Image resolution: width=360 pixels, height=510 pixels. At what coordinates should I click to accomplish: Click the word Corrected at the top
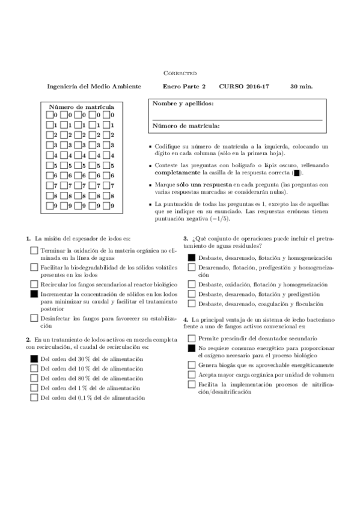click(180, 72)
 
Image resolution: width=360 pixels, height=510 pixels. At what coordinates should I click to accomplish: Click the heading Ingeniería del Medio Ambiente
click(94, 87)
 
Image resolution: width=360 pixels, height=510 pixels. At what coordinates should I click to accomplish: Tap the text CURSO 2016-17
click(244, 87)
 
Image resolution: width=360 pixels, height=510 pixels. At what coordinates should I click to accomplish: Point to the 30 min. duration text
click(301, 87)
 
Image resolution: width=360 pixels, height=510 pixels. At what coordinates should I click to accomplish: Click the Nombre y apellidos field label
click(183, 103)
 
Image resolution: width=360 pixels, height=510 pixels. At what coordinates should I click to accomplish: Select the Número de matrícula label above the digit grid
click(82, 106)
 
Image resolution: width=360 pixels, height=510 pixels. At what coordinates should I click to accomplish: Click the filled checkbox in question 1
click(34, 294)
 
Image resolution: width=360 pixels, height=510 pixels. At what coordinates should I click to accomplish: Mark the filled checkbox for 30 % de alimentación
click(34, 358)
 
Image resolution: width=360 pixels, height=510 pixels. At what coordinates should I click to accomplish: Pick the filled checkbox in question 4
click(191, 348)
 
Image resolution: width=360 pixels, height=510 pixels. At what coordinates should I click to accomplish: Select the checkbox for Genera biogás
click(191, 365)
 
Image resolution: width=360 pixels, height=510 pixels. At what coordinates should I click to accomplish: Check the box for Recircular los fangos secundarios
click(34, 283)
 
